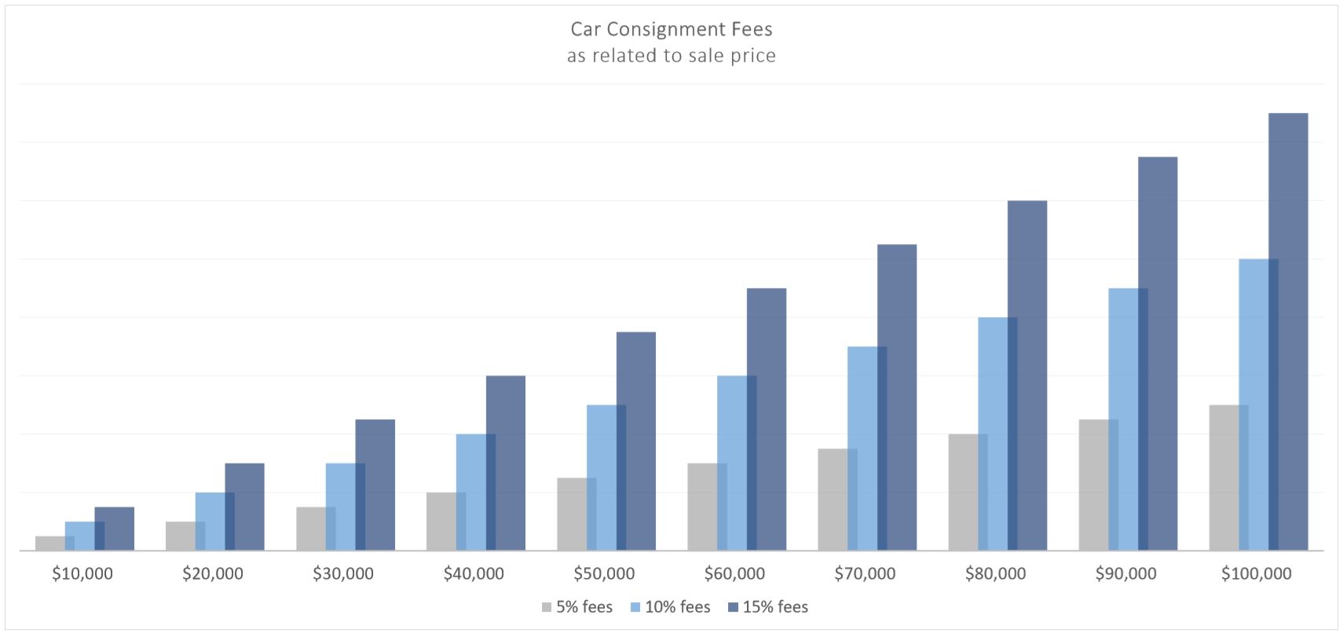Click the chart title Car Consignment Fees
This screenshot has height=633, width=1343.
(671, 30)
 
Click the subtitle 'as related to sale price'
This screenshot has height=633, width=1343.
(671, 57)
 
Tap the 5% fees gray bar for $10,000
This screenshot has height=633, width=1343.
(49, 543)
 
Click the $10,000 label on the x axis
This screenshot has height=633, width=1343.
(82, 574)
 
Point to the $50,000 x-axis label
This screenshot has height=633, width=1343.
(604, 574)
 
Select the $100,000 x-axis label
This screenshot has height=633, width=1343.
(1256, 574)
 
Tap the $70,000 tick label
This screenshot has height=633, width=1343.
(865, 574)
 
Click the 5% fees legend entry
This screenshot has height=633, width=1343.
(576, 607)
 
